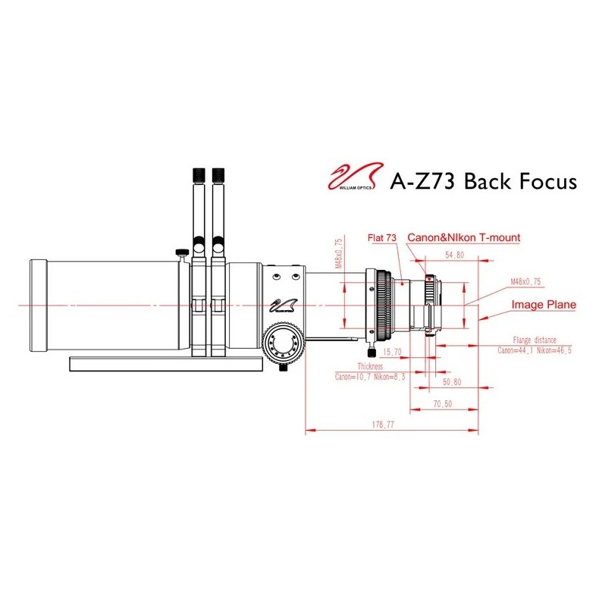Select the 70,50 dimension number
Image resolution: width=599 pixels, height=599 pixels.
[x=443, y=404]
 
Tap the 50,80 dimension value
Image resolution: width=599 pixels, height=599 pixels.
[x=452, y=384]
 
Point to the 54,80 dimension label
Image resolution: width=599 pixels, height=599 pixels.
[x=455, y=256]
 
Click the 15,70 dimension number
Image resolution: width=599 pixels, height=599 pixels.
[x=393, y=352]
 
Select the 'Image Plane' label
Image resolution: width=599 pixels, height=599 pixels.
[x=543, y=305]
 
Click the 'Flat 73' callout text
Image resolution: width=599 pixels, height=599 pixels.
[x=381, y=238]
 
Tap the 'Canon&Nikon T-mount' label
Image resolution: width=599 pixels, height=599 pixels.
[x=464, y=238]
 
